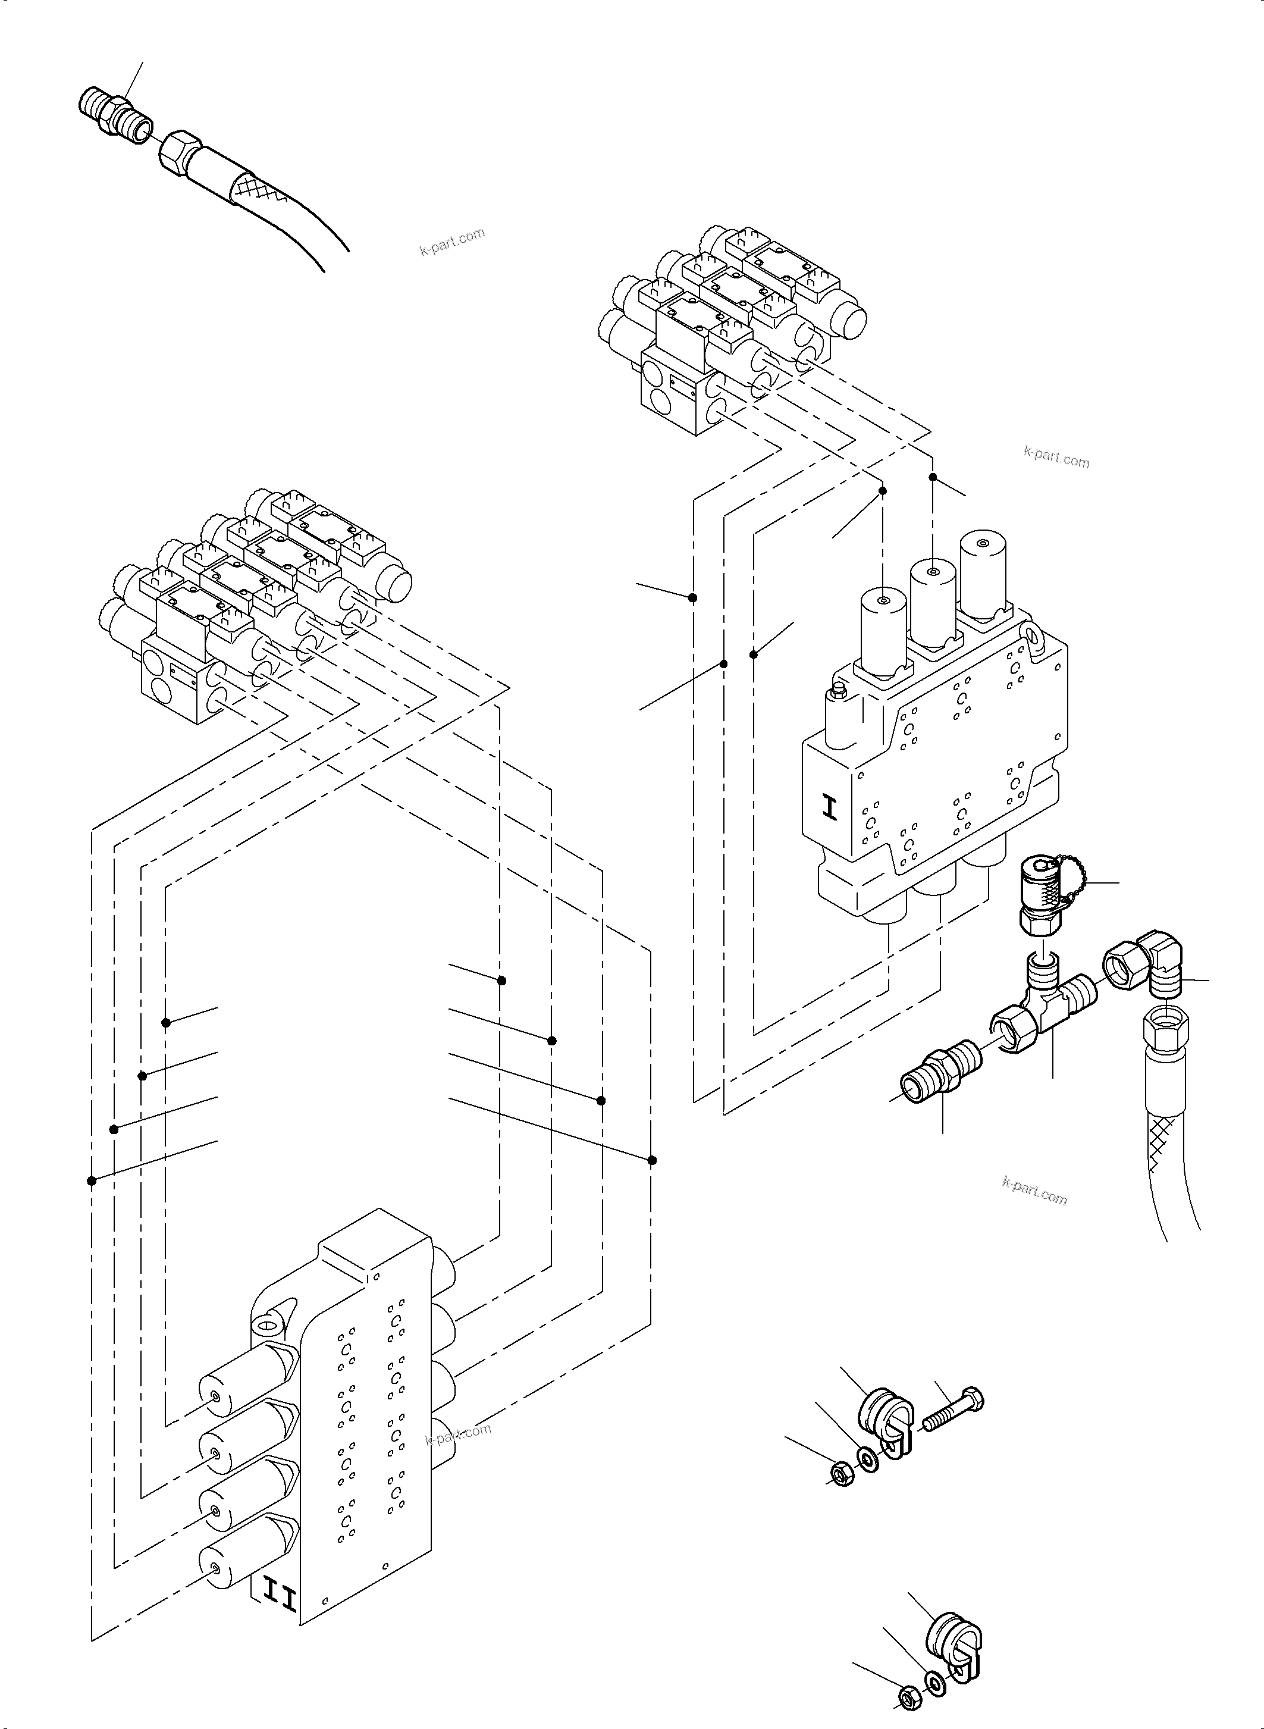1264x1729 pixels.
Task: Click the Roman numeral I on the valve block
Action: click(x=830, y=808)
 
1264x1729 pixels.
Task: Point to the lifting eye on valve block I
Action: click(x=1034, y=634)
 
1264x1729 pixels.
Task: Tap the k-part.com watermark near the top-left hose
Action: click(x=452, y=242)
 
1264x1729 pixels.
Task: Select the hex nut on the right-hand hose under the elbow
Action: click(x=1165, y=1029)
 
